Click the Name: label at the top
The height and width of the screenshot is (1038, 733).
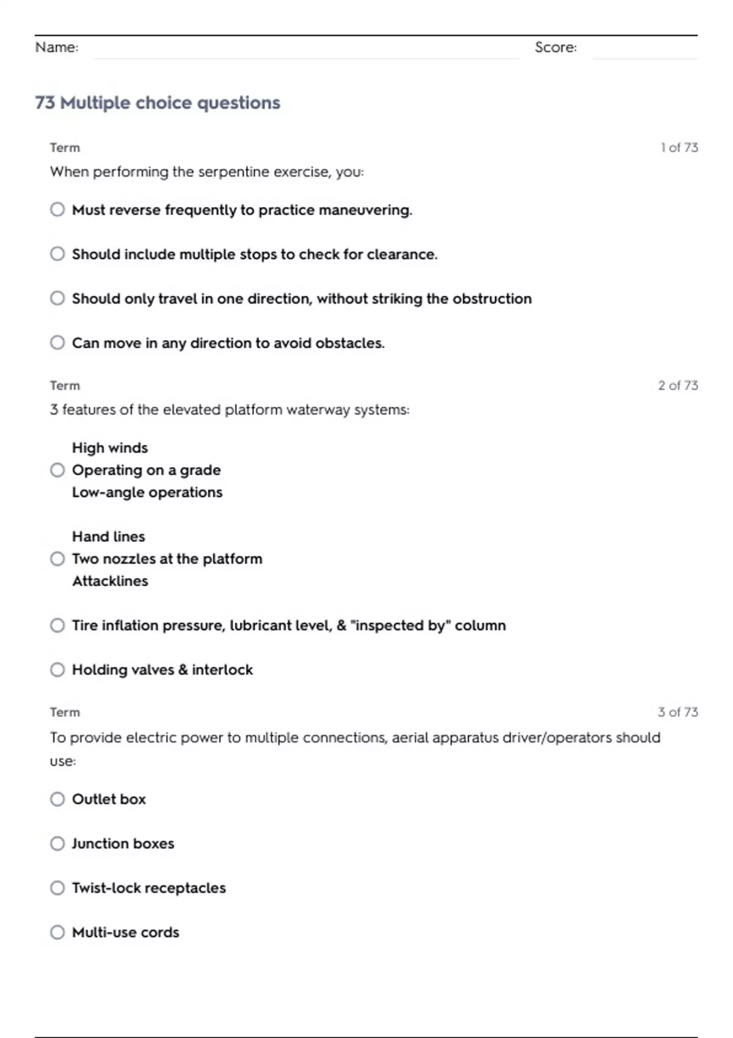tap(57, 47)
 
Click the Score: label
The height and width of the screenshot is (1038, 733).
tap(555, 47)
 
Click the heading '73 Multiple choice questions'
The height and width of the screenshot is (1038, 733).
tap(158, 103)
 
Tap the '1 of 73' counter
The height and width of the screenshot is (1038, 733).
tap(679, 148)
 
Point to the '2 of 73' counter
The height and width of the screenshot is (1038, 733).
tap(677, 385)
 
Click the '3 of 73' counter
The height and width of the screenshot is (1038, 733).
tap(677, 712)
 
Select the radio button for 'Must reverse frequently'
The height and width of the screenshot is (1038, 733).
tap(57, 209)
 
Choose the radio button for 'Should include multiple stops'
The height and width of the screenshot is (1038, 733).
tap(57, 254)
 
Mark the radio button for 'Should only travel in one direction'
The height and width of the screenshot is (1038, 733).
tap(57, 298)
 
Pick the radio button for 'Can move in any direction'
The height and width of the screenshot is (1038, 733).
tap(57, 343)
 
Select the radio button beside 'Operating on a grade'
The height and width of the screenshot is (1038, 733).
tap(57, 470)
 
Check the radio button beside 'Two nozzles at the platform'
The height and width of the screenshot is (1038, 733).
tap(57, 559)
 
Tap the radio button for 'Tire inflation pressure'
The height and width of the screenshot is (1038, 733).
tap(57, 625)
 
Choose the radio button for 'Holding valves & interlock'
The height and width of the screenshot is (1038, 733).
tap(57, 670)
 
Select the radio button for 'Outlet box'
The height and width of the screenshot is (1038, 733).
tap(57, 799)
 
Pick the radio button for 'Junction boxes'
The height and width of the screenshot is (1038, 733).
tap(57, 843)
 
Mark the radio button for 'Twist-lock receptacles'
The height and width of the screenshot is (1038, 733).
tap(57, 888)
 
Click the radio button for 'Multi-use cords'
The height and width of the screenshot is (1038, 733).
tap(57, 932)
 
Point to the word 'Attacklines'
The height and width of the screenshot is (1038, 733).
tap(110, 581)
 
